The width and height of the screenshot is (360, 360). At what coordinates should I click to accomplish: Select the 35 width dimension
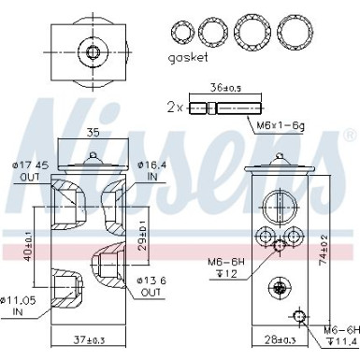(93, 133)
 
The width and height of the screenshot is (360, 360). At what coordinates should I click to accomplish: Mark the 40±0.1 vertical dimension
(30, 249)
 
